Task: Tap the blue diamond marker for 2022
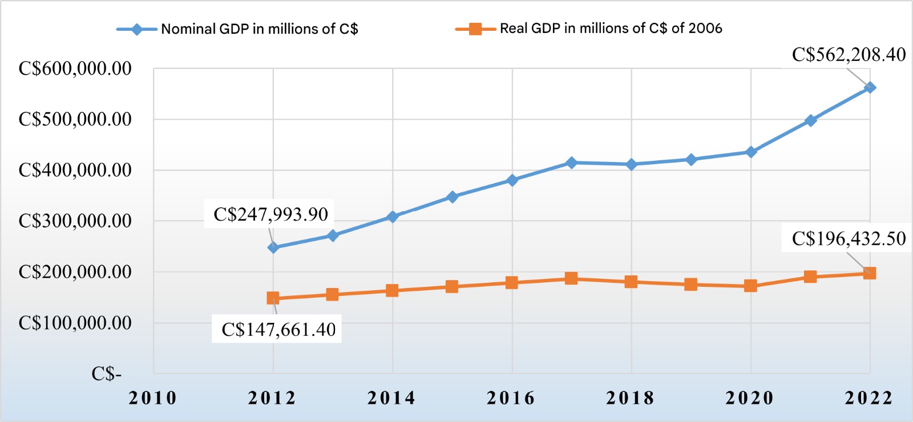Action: point(870,88)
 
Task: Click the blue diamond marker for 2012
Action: point(273,247)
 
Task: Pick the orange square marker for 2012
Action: point(273,298)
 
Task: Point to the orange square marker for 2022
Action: point(870,273)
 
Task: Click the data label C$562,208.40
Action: point(849,55)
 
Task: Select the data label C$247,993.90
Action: point(270,214)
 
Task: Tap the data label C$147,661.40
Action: point(278,330)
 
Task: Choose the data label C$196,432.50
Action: point(849,238)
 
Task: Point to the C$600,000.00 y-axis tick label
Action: point(75,68)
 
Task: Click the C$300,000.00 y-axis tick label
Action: point(75,221)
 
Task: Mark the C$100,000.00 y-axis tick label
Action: point(75,323)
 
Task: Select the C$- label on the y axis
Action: point(107,374)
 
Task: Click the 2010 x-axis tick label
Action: point(153,398)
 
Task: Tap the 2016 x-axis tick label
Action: point(511,398)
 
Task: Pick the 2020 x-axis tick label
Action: point(750,398)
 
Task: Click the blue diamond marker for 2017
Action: point(571,163)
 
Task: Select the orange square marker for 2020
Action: point(750,286)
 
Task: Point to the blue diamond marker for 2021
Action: point(810,121)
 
